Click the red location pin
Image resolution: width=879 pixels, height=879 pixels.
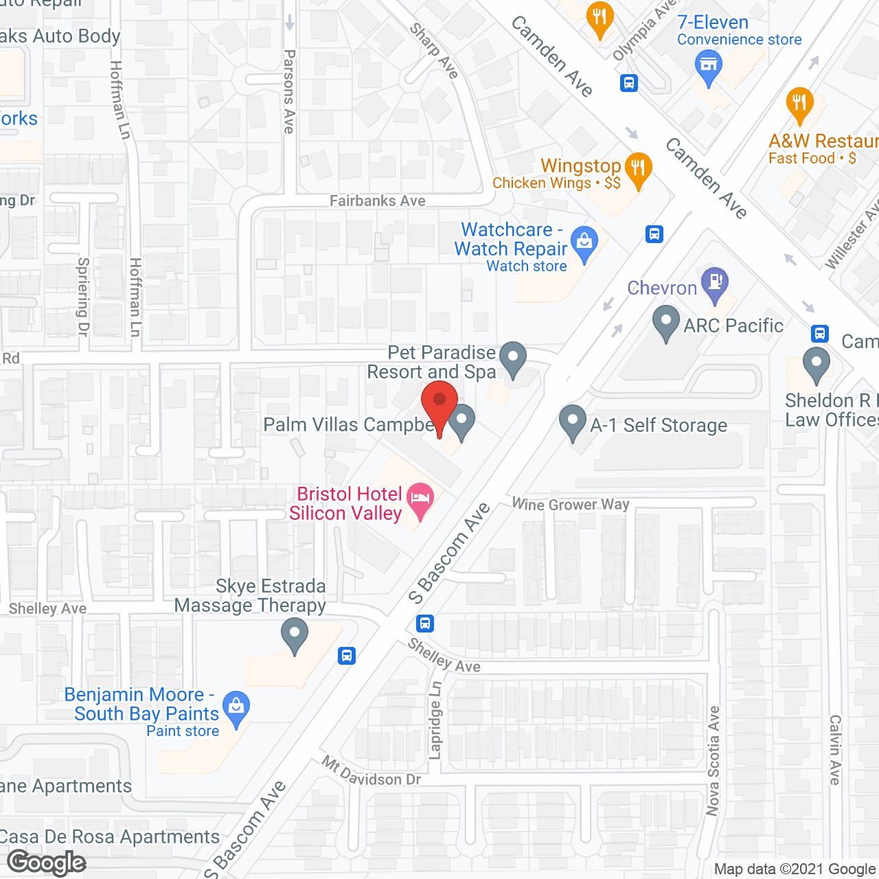(439, 405)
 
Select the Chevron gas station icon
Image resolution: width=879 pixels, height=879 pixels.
(716, 284)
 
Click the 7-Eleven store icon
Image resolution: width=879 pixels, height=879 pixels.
(709, 68)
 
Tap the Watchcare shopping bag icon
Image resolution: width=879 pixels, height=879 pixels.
(584, 244)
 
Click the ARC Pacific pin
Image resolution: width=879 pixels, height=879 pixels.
(665, 322)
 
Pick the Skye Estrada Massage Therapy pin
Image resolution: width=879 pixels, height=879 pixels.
(295, 634)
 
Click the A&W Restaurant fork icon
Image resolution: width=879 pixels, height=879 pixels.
(799, 105)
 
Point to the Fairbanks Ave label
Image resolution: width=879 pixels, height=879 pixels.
(378, 201)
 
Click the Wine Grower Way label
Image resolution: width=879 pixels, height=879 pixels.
(571, 505)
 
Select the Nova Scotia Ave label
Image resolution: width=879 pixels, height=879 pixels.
(714, 761)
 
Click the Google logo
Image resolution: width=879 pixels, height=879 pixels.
(47, 863)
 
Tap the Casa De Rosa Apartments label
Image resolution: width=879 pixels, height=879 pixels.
(110, 837)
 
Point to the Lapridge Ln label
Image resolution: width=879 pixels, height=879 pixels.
(435, 720)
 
